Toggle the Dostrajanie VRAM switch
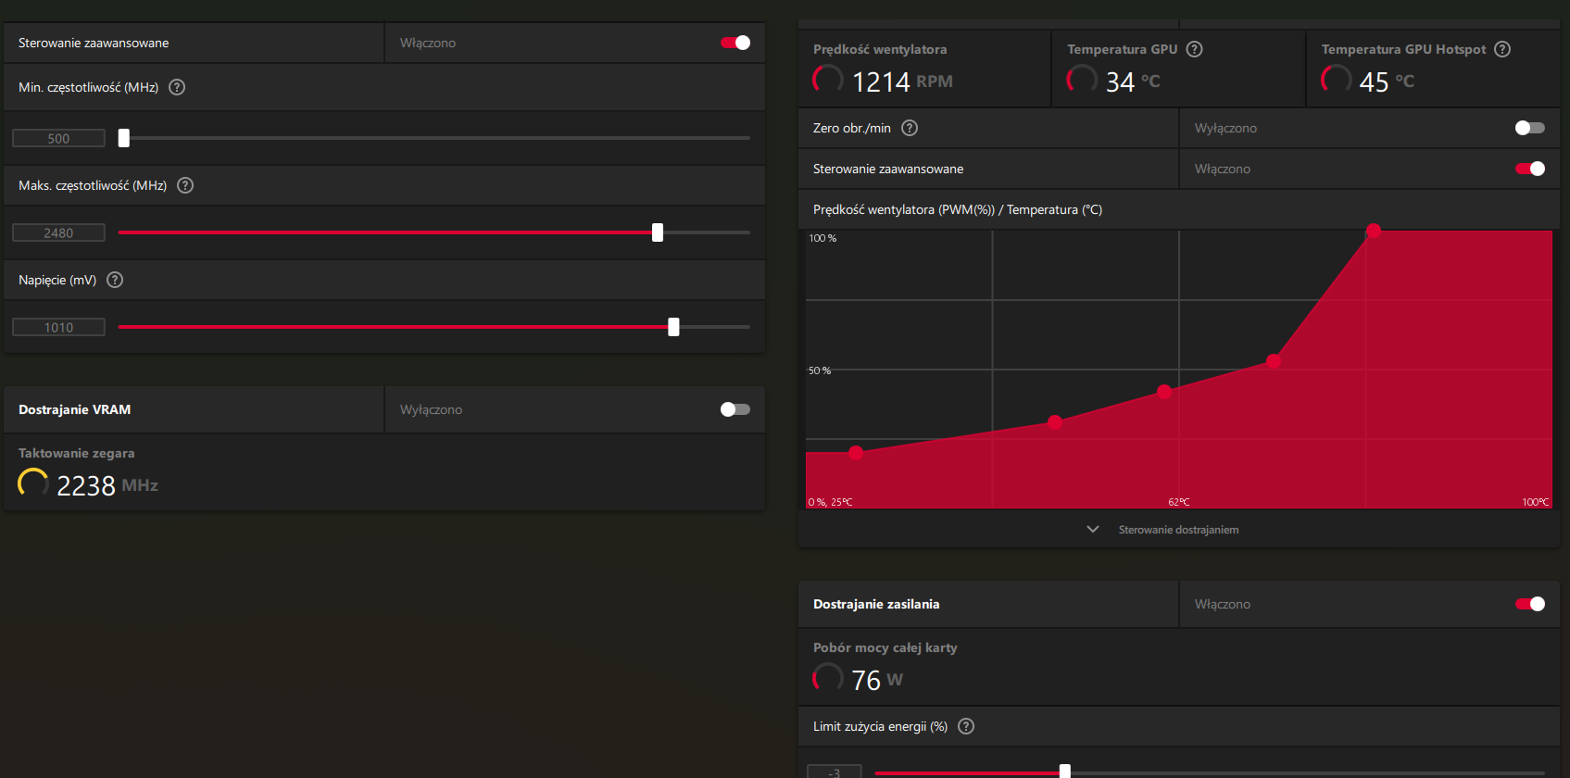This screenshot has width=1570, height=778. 735,409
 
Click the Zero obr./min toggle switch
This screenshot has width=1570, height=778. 1529,128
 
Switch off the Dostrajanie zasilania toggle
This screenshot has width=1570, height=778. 1529,604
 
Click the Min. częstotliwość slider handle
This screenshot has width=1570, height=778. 124,138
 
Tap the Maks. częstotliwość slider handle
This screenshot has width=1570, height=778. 658,232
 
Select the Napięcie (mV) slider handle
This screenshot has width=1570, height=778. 673,327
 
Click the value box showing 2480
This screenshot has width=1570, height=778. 58,232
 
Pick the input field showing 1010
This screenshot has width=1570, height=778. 58,327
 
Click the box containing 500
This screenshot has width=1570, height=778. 58,138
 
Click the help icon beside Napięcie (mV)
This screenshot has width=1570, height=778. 115,280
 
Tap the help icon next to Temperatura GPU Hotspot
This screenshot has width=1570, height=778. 1502,49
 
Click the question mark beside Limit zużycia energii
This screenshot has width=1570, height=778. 966,726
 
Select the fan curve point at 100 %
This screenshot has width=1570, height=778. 1374,230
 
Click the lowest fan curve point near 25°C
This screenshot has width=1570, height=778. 856,453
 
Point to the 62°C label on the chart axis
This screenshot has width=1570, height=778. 1179,502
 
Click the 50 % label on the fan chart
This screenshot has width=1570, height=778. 820,370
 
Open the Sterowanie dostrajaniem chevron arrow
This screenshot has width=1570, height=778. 1093,529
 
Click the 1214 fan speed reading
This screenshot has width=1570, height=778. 881,82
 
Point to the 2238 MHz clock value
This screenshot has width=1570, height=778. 85,485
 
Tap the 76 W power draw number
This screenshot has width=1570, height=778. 866,680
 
